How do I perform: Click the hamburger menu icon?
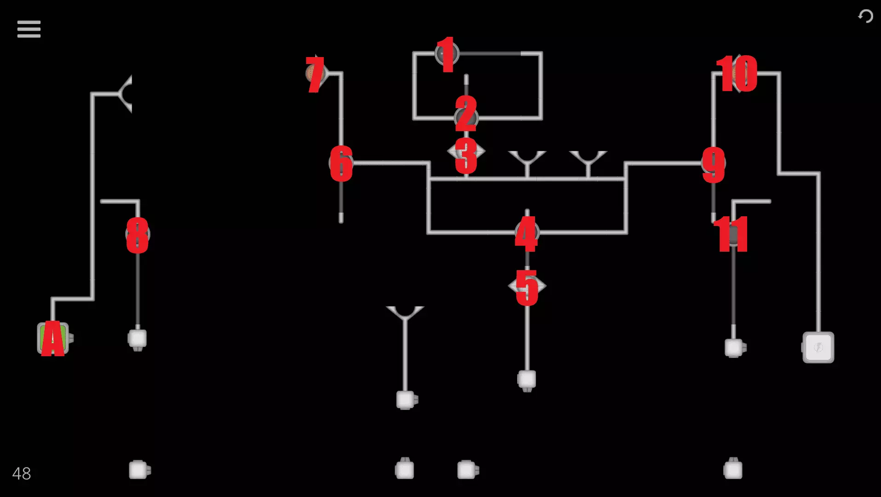(x=29, y=29)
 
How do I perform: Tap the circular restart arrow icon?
(x=865, y=16)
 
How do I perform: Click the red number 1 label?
(x=446, y=54)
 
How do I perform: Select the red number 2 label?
(x=466, y=114)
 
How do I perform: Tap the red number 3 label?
(x=466, y=156)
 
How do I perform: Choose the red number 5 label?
(x=527, y=288)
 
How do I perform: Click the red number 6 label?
(x=341, y=163)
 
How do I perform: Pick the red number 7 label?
(x=315, y=75)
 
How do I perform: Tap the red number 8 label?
(x=138, y=236)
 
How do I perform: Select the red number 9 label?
(x=714, y=165)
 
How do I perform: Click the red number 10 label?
(x=737, y=74)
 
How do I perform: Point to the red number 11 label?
(x=731, y=234)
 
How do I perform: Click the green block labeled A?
(x=53, y=339)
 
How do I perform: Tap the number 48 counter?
(x=22, y=474)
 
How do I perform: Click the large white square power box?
(x=818, y=347)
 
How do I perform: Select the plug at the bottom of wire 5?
(x=527, y=381)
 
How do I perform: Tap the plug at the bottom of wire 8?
(x=137, y=340)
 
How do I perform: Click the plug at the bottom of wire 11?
(x=735, y=348)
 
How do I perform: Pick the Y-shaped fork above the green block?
(x=124, y=94)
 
